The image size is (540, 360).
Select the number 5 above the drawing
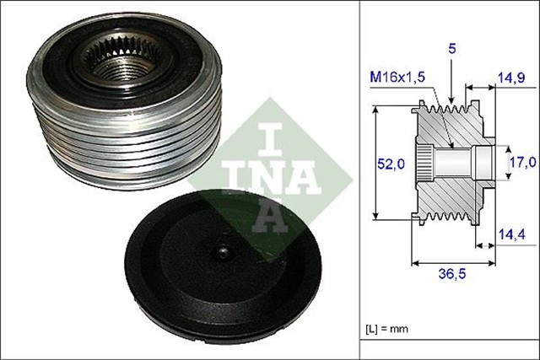(451, 50)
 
